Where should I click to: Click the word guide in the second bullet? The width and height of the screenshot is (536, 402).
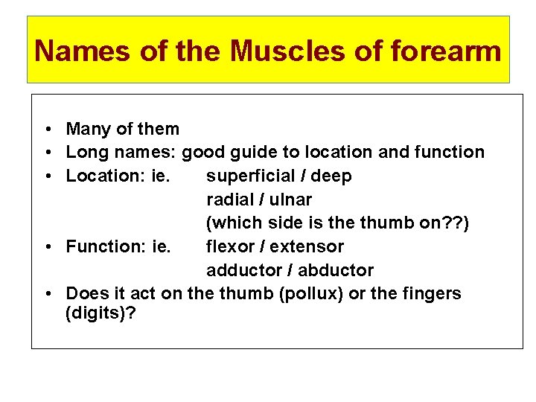257,153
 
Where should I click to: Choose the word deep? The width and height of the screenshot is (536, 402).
331,176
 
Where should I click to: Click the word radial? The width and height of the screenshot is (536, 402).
228,200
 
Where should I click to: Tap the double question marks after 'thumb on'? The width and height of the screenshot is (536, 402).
453,223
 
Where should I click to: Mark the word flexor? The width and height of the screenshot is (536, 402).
230,246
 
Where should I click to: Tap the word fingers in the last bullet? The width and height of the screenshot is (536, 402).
432,293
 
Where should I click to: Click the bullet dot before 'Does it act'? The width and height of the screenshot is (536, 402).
47,294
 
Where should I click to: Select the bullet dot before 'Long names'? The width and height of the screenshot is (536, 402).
47,153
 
